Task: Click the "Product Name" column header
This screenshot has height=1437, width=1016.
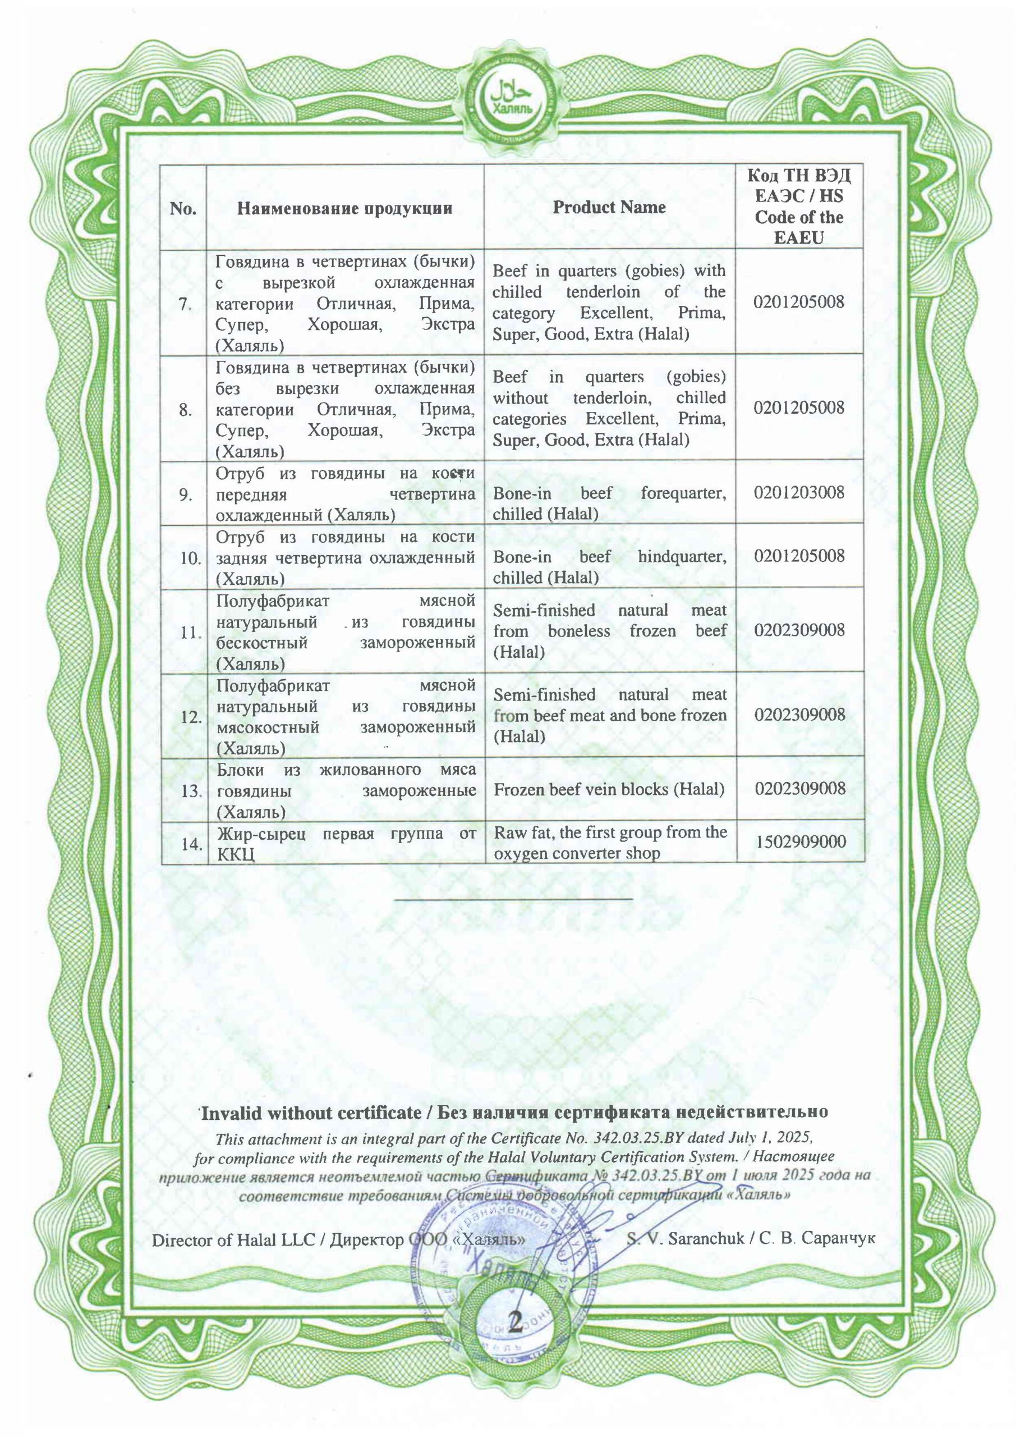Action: (609, 208)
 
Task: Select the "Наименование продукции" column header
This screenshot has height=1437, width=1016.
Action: (344, 208)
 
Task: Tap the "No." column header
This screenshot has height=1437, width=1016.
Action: (183, 208)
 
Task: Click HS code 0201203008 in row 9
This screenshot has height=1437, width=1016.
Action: (799, 492)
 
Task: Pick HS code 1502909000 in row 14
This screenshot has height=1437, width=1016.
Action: (800, 842)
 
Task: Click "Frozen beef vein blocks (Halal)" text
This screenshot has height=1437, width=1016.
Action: (609, 790)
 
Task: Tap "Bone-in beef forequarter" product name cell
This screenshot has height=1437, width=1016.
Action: (609, 503)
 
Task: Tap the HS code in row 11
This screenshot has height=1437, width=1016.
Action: (799, 630)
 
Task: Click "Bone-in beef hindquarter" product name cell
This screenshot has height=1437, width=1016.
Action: (609, 567)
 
